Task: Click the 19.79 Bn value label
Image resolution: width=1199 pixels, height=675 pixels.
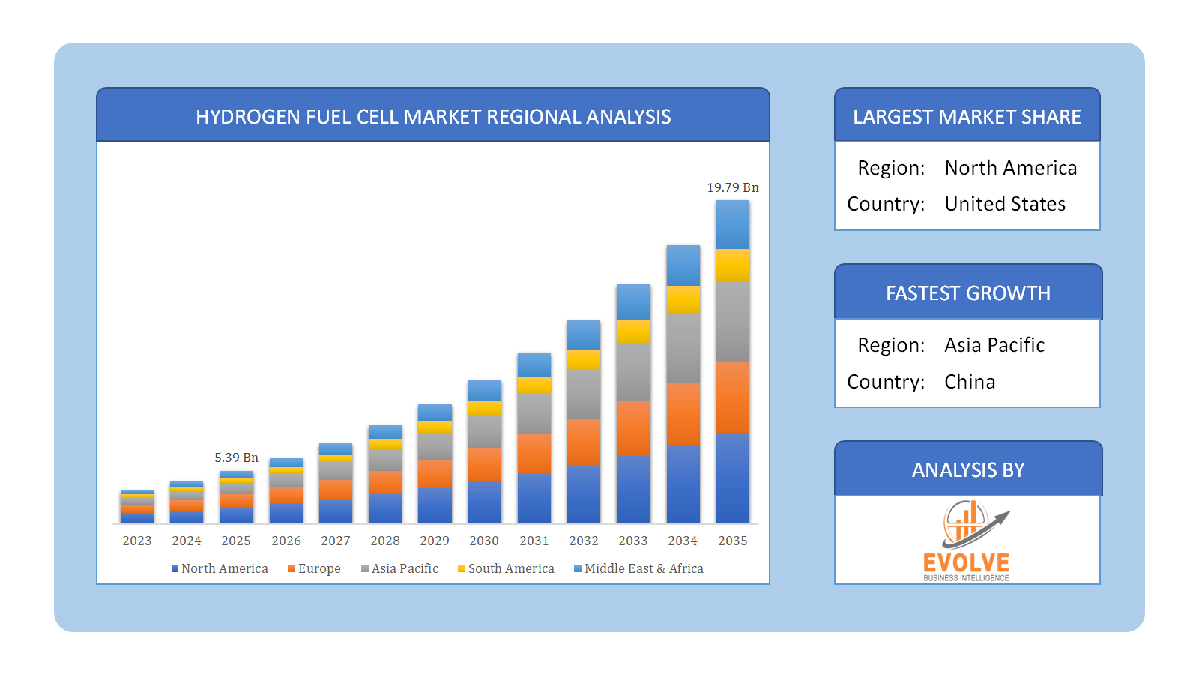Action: [x=732, y=187]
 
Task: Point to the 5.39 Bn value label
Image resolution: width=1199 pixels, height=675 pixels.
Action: [x=236, y=457]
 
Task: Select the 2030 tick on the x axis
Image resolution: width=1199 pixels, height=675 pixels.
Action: [x=484, y=541]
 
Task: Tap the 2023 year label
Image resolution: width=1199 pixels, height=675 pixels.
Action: [x=137, y=541]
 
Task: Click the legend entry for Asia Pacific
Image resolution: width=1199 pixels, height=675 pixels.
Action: [x=400, y=568]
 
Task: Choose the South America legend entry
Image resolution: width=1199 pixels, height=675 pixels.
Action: [x=507, y=568]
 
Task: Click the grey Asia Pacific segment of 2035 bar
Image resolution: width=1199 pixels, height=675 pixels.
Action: [x=732, y=321]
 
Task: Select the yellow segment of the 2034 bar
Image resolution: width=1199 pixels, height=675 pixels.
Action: [x=683, y=299]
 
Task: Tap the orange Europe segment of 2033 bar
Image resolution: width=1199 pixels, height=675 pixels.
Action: [x=633, y=428]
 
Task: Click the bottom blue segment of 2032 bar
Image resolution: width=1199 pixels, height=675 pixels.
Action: [x=584, y=493]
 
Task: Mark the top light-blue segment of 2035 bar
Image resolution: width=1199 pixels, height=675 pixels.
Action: [x=732, y=224]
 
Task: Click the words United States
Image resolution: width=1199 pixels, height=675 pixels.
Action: [x=1004, y=204]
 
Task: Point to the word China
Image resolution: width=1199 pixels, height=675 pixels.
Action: [x=970, y=382]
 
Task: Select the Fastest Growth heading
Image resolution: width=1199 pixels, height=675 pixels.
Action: [x=967, y=293]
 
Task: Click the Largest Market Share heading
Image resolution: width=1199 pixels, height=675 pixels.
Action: [x=967, y=117]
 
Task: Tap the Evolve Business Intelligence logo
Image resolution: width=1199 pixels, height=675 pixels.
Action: [x=967, y=541]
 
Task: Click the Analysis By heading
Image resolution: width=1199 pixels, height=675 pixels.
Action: [x=967, y=470]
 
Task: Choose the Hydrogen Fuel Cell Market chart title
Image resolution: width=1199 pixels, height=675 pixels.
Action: [x=433, y=117]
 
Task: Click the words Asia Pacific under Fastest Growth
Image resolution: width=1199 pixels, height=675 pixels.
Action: [x=994, y=345]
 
